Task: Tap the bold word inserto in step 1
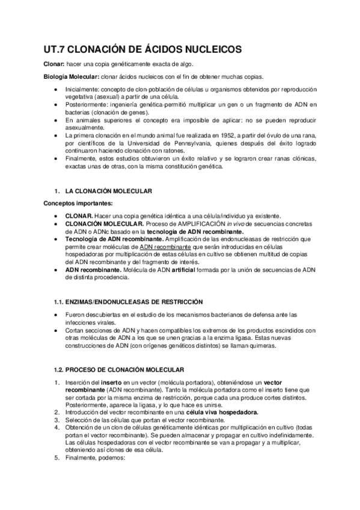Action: click(112, 382)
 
